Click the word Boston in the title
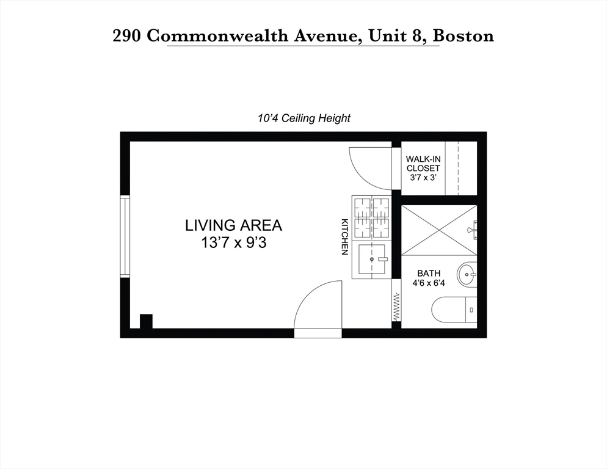pyautogui.click(x=463, y=35)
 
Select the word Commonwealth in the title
pyautogui.click(x=248, y=35)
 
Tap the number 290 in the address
pyautogui.click(x=128, y=35)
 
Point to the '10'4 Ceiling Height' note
pyautogui.click(x=303, y=118)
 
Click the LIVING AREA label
pyautogui.click(x=233, y=225)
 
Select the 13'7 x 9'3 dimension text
pyautogui.click(x=233, y=242)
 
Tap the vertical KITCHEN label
pyautogui.click(x=344, y=236)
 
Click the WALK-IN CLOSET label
pyautogui.click(x=423, y=163)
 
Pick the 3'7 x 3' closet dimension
pyautogui.click(x=423, y=178)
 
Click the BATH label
pyautogui.click(x=429, y=273)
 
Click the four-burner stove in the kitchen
pyautogui.click(x=371, y=217)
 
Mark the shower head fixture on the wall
pyautogui.click(x=471, y=230)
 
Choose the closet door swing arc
pyautogui.click(x=368, y=169)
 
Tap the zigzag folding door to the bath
pyautogui.click(x=396, y=307)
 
